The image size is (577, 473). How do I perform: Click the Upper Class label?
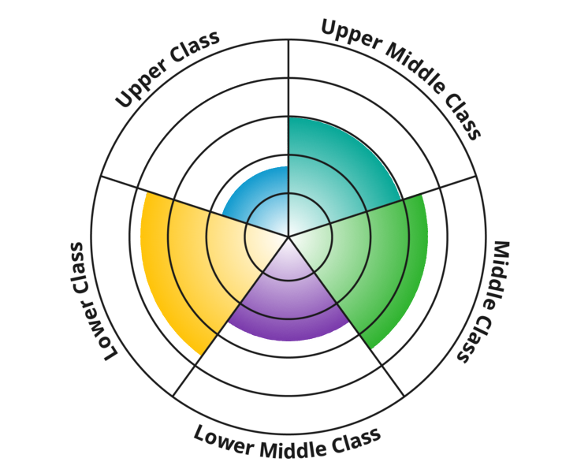[x=167, y=70]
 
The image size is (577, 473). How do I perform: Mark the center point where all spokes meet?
[x=288, y=236]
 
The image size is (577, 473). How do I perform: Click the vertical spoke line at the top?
[x=288, y=79]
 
